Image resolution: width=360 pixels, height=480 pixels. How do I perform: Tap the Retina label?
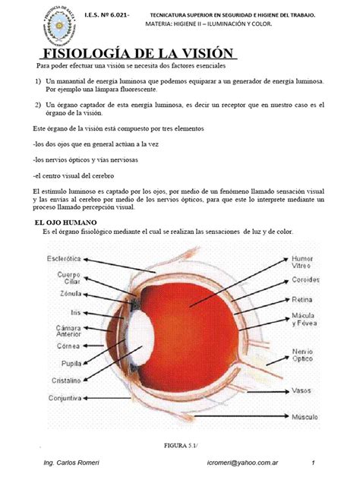point(305,298)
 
